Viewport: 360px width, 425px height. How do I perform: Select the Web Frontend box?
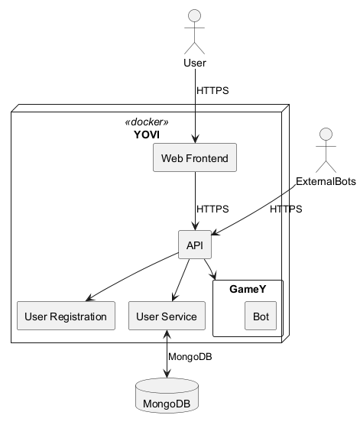click(x=195, y=158)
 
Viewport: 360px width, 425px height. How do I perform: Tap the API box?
click(x=194, y=245)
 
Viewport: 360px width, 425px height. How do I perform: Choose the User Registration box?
click(x=66, y=316)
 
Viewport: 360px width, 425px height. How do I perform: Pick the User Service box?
click(x=167, y=316)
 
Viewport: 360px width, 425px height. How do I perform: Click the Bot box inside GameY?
click(x=260, y=316)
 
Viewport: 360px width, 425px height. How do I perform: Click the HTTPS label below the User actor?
click(x=212, y=91)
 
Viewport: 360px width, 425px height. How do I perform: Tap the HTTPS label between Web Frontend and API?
click(x=212, y=209)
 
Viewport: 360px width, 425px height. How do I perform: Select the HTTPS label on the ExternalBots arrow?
click(x=285, y=209)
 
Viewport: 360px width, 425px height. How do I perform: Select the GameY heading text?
click(x=247, y=290)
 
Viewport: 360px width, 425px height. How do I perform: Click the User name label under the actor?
click(x=195, y=62)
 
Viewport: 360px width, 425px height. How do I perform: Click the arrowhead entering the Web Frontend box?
click(x=195, y=139)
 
